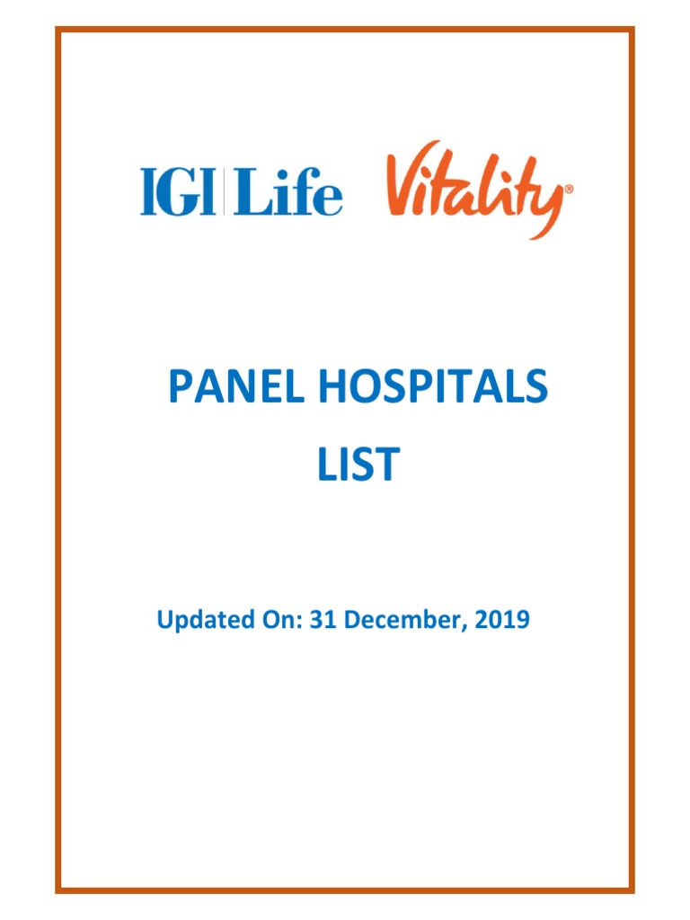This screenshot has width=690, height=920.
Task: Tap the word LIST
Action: [357, 464]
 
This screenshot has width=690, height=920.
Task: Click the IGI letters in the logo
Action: [177, 193]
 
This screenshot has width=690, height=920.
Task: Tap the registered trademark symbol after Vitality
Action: [569, 190]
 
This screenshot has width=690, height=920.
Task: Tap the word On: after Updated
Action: [274, 619]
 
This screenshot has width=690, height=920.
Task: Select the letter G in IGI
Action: [181, 193]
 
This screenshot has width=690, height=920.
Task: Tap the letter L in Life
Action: [246, 193]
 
